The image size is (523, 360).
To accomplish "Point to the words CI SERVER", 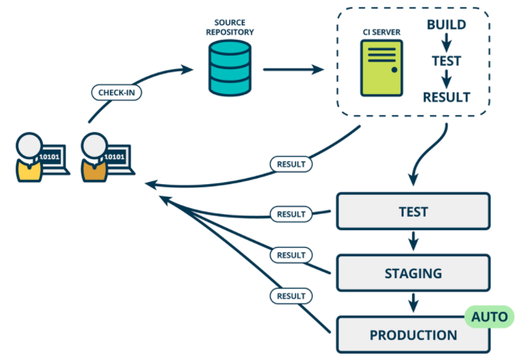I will click(380, 31).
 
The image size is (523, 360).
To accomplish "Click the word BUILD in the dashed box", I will click(446, 25).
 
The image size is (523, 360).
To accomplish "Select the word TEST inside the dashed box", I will click(446, 61).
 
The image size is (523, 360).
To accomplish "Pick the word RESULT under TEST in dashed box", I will click(446, 97).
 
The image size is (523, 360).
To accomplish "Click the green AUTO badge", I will click(488, 316).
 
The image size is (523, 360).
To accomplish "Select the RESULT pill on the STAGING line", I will click(290, 255).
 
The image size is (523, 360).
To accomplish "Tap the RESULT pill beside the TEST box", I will click(290, 214).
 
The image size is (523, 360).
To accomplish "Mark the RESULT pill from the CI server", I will click(290, 164).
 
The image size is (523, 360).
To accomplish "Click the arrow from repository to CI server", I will click(293, 70).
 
